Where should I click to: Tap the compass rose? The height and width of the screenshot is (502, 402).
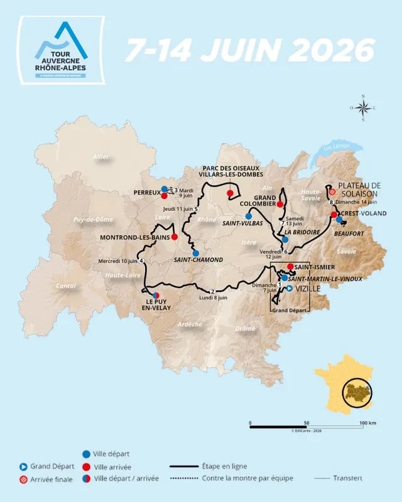(x=364, y=108)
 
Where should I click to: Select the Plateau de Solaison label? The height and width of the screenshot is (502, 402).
(x=360, y=189)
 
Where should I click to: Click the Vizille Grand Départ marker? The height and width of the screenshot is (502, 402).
(x=289, y=289)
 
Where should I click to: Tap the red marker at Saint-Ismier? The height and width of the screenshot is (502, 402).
(x=290, y=267)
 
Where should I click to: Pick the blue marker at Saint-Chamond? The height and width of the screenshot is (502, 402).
(x=196, y=253)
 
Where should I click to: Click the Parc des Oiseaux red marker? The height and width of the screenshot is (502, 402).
(x=230, y=193)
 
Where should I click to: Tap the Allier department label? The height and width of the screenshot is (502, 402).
(x=100, y=156)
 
